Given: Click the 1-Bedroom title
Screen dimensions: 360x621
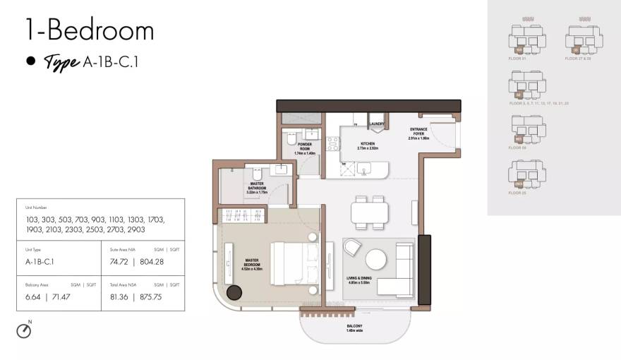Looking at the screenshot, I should click(90, 31).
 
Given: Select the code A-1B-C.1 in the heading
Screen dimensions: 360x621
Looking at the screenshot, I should click(111, 62).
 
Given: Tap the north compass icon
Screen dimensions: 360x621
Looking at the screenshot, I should click(24, 330).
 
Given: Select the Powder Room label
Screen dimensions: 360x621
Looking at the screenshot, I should click(304, 146).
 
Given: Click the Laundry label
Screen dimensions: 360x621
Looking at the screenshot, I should click(376, 124).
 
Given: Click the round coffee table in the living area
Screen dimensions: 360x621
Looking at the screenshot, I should click(375, 260).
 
